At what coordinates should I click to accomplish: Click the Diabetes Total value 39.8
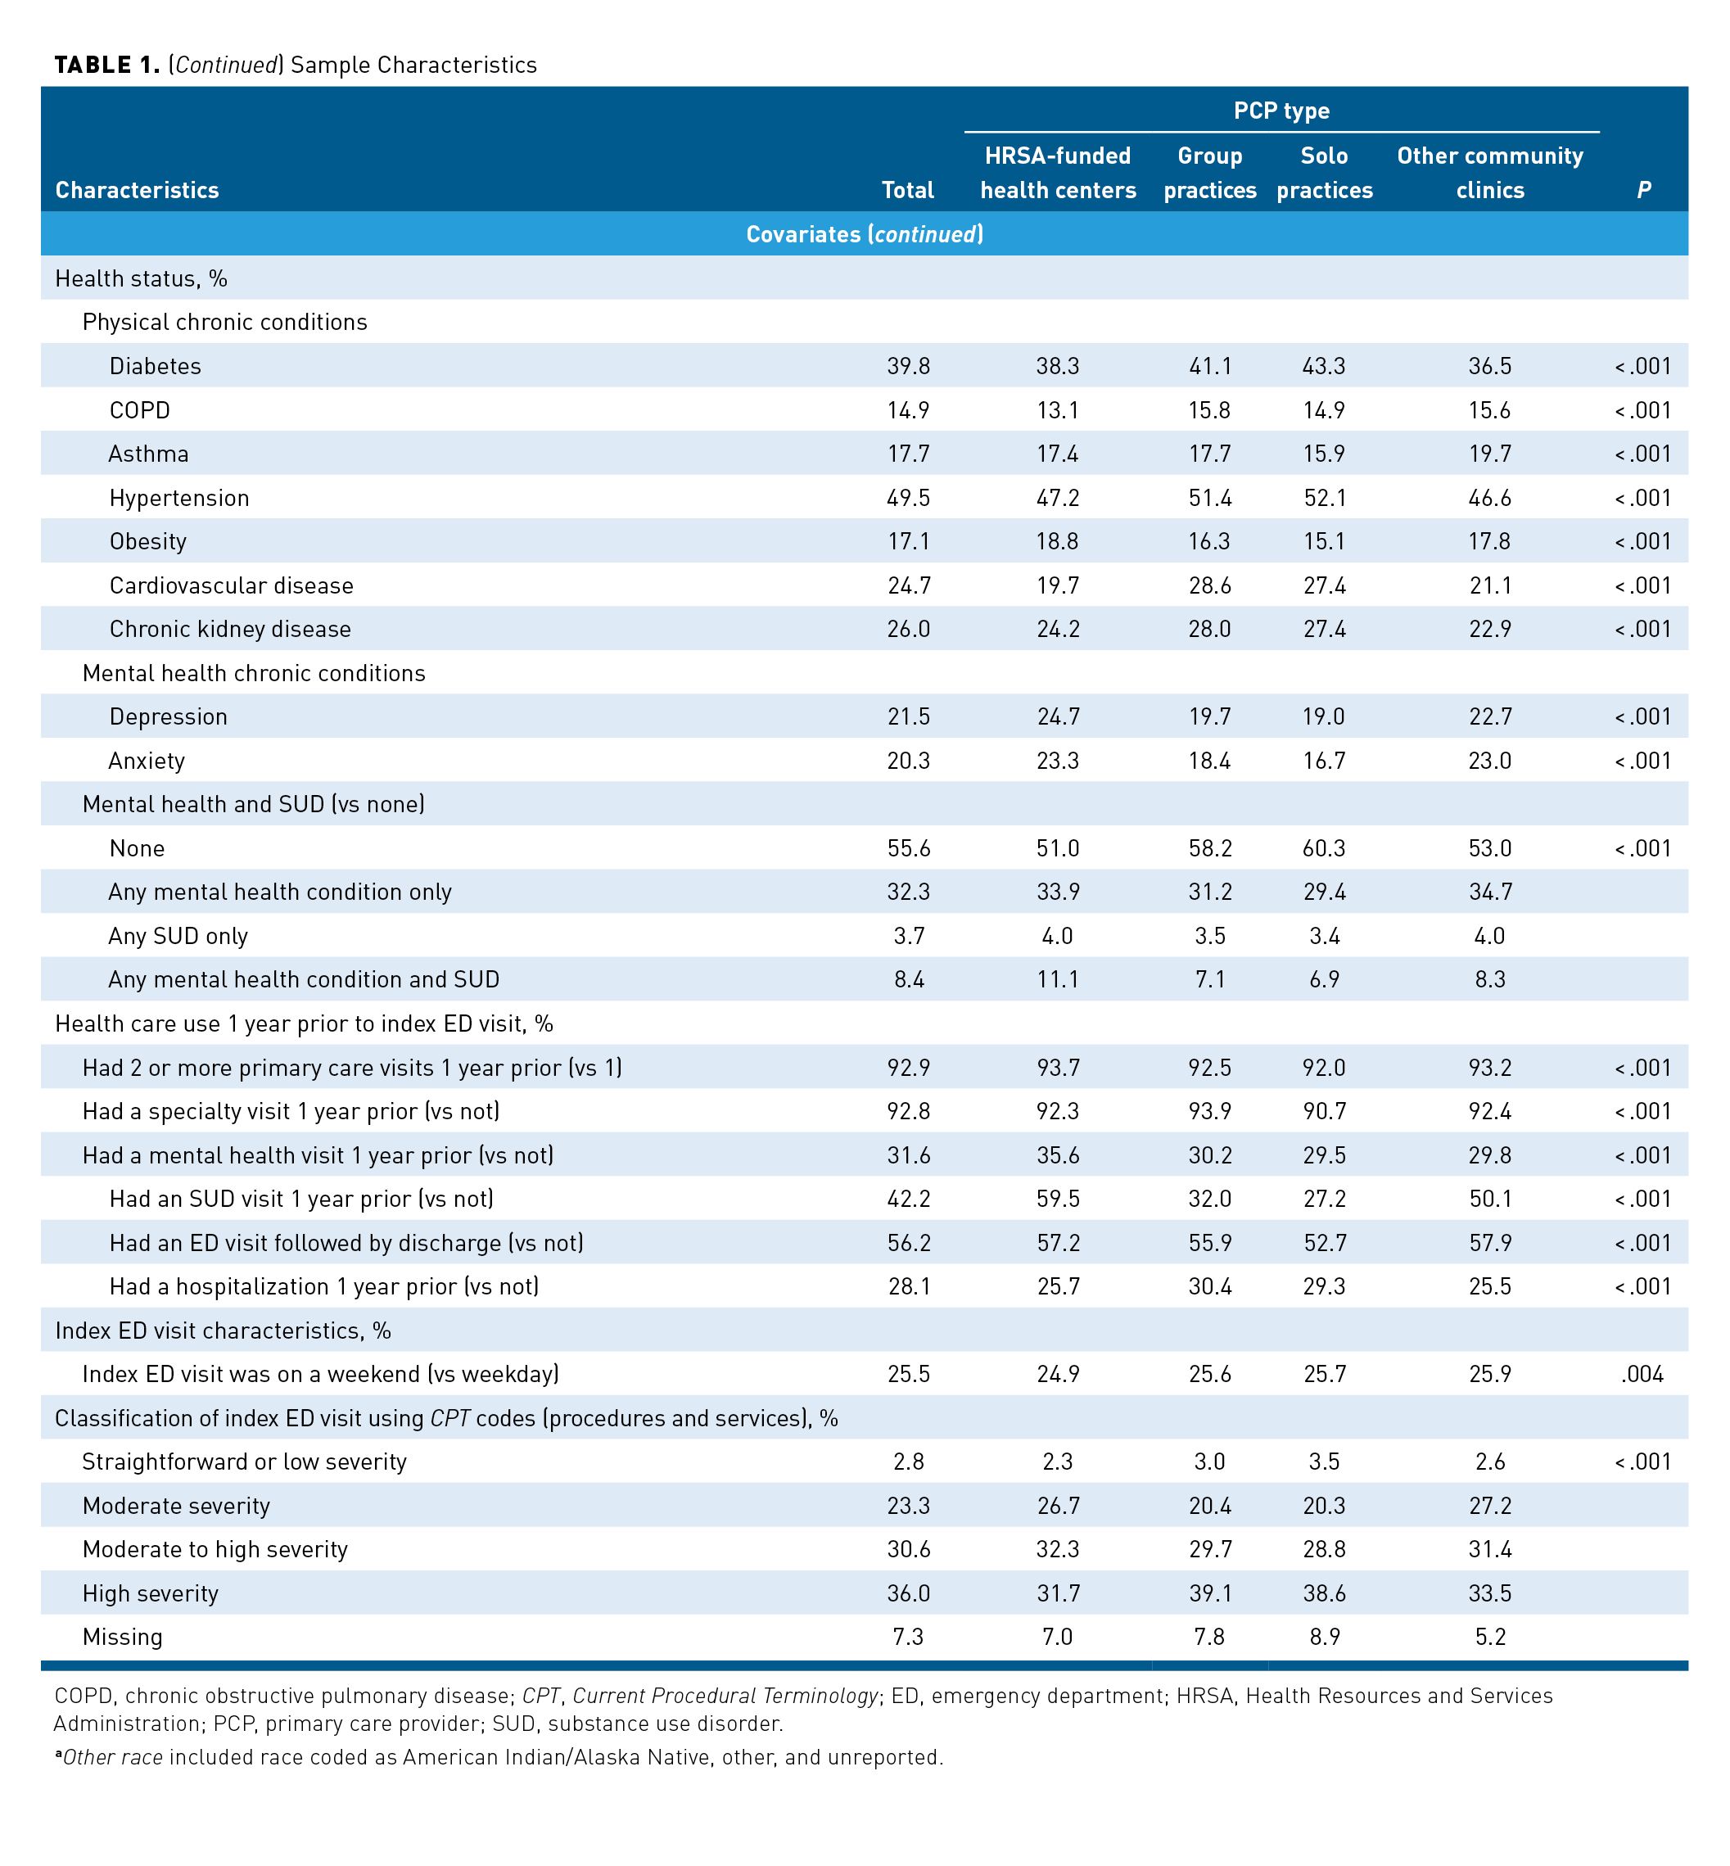click(x=908, y=366)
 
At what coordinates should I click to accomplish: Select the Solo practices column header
click(x=1324, y=174)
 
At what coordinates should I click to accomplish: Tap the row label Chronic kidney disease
click(x=229, y=629)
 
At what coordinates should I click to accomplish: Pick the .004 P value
click(x=1642, y=1375)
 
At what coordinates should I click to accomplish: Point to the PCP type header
click(x=1281, y=111)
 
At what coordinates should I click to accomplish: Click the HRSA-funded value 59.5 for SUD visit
click(x=1058, y=1200)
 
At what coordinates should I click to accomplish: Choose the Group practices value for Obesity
click(x=1209, y=541)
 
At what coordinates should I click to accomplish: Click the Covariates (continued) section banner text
click(x=864, y=234)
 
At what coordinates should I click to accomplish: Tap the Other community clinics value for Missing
click(x=1489, y=1637)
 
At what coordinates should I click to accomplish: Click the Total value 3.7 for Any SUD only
click(x=908, y=937)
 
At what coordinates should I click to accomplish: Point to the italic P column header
click(x=1643, y=190)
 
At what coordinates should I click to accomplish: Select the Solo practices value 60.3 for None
click(x=1324, y=848)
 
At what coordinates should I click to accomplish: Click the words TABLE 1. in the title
click(x=106, y=65)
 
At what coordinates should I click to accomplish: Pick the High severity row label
click(x=150, y=1593)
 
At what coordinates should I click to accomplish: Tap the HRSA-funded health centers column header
click(x=1058, y=174)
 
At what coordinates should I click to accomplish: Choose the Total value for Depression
click(x=908, y=717)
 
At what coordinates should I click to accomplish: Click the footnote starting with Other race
click(x=499, y=1757)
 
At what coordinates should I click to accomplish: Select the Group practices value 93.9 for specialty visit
click(x=1209, y=1111)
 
